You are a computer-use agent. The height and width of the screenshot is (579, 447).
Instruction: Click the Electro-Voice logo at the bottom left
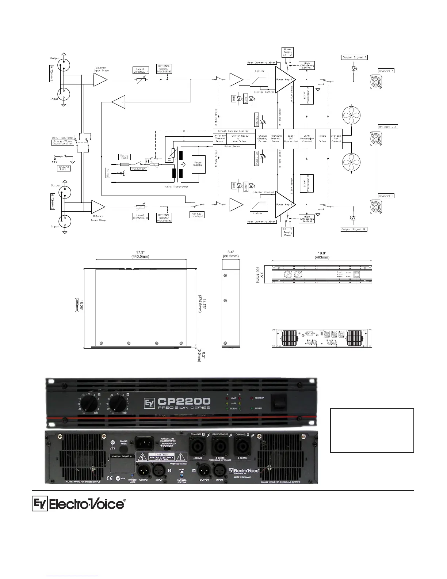pyautogui.click(x=79, y=504)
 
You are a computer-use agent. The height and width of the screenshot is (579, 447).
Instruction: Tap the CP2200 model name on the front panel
pyautogui.click(x=184, y=400)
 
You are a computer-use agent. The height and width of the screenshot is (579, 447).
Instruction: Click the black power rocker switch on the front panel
pyautogui.click(x=279, y=403)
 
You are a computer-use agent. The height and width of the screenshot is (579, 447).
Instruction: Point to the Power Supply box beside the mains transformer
pyautogui.click(x=198, y=164)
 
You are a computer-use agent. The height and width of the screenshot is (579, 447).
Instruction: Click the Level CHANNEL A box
pyautogui.click(x=141, y=70)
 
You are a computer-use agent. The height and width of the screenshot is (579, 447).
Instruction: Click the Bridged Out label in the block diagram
pyautogui.click(x=387, y=126)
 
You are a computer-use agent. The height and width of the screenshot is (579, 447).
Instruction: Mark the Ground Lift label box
pyautogui.click(x=64, y=169)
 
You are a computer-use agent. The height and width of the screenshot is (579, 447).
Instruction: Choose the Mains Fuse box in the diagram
pyautogui.click(x=124, y=157)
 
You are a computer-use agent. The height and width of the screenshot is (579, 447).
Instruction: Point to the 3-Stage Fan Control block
pyautogui.click(x=336, y=139)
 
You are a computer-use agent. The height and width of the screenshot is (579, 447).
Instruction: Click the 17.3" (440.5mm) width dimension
pyautogui.click(x=140, y=254)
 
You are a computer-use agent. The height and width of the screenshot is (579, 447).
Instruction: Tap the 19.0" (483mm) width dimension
pyautogui.click(x=321, y=255)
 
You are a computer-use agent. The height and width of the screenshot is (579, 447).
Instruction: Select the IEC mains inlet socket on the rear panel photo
pyautogui.click(x=147, y=443)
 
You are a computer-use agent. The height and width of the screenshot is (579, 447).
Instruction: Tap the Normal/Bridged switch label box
pyautogui.click(x=197, y=215)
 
